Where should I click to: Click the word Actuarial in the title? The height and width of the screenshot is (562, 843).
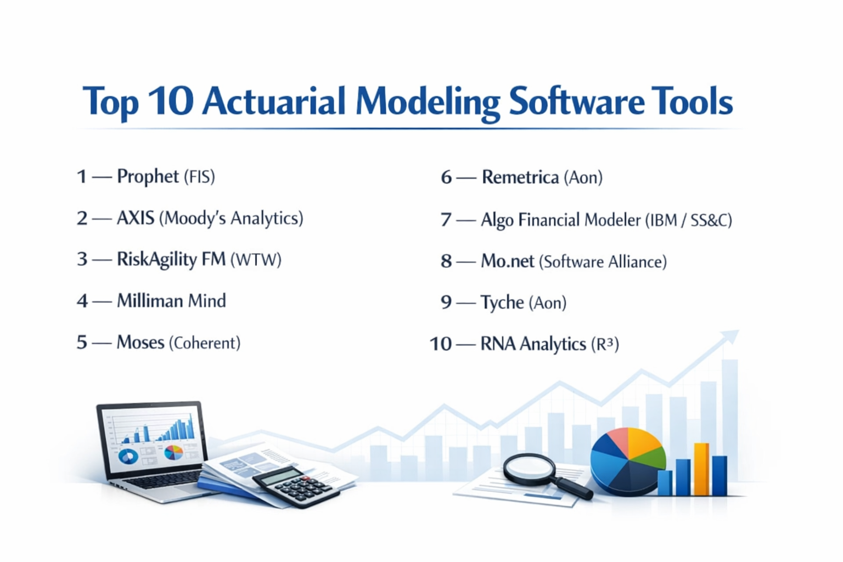coord(273,102)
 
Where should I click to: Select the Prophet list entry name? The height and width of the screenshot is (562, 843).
coord(148,177)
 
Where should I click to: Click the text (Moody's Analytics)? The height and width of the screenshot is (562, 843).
coord(231,218)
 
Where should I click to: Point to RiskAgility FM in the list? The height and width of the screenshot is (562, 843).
coord(171,260)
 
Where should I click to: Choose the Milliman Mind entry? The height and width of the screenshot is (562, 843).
coord(171,301)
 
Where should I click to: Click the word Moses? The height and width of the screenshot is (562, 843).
coord(140,342)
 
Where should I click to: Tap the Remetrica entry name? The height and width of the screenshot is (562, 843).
coord(520,177)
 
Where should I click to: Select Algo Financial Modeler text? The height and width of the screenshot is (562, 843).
coord(560,220)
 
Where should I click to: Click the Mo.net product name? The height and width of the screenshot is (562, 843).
coord(507,261)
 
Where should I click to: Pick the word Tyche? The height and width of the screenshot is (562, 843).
coord(502,302)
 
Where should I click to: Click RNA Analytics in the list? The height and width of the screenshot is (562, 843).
coord(533,344)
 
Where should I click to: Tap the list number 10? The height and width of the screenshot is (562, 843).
coord(440,344)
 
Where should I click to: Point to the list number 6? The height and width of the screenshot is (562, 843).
coord(446,177)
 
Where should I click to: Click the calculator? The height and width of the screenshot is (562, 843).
coord(297,486)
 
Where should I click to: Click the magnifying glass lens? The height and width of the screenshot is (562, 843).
coord(529,468)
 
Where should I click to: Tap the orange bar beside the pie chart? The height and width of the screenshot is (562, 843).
coord(701,469)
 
